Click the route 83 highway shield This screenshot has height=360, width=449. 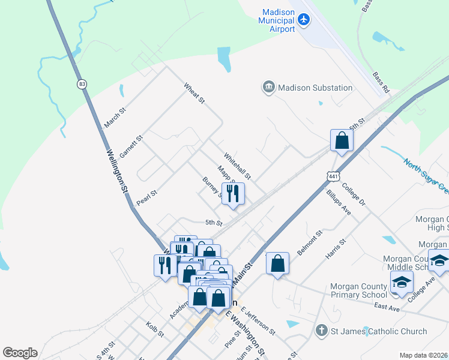[x=81, y=84]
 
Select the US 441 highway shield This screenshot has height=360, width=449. [x=334, y=175]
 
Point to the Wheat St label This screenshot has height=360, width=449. [x=194, y=92]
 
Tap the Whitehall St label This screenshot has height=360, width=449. [x=237, y=165]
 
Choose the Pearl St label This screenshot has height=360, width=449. [x=146, y=198]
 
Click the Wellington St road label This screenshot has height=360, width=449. [x=118, y=171]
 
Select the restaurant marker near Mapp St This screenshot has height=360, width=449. [x=233, y=193]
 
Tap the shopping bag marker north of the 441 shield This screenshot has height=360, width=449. [x=342, y=141]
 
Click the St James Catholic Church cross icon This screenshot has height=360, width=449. [x=322, y=331]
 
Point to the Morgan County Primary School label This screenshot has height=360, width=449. [x=358, y=290]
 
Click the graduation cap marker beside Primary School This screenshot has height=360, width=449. [x=401, y=282]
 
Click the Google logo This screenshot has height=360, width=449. [x=20, y=353]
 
